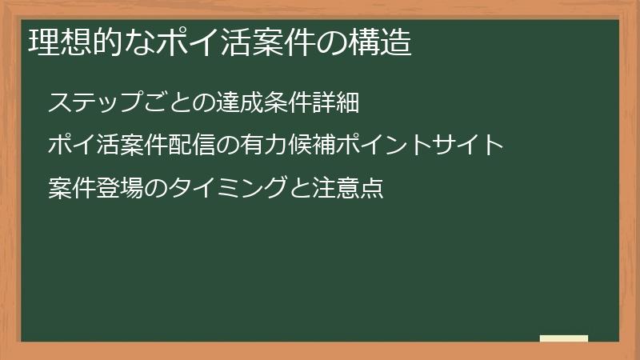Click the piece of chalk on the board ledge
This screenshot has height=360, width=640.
[563, 338]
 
